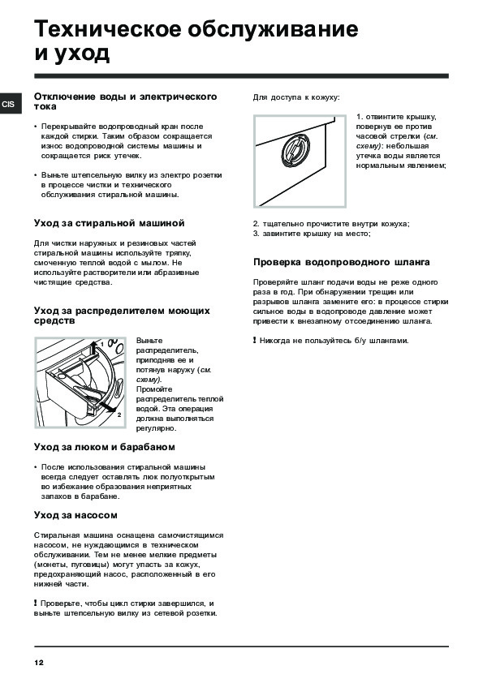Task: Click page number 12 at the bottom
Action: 39,663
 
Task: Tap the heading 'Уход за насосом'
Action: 75,515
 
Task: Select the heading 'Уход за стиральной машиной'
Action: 110,223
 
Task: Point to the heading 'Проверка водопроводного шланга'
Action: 341,262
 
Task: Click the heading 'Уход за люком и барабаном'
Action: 105,447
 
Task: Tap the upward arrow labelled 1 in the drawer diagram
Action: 94,350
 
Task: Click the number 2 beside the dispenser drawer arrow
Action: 119,415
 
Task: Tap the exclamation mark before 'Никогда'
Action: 255,340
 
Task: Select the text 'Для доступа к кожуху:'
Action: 296,97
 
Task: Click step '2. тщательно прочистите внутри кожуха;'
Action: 331,224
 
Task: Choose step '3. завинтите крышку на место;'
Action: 312,234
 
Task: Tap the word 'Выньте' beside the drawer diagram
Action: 149,341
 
